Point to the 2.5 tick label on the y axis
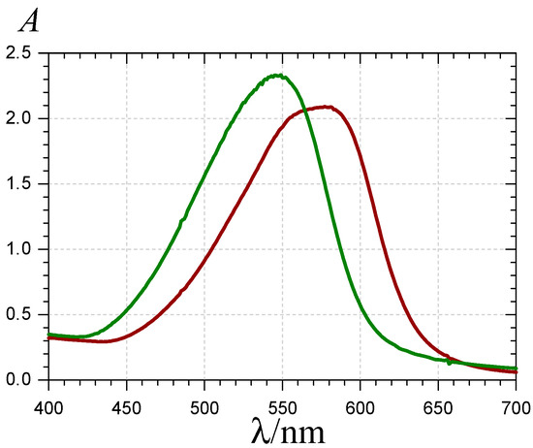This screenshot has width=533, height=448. (x=22, y=50)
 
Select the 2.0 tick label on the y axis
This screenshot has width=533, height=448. (x=22, y=118)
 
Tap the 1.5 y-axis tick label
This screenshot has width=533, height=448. (x=22, y=183)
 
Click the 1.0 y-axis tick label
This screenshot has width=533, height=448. (x=22, y=249)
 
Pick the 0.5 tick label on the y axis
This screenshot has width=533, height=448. (x=22, y=314)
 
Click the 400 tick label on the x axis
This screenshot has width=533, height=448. (x=48, y=400)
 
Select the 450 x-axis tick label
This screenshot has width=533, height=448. (x=126, y=400)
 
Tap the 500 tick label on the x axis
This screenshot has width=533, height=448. (x=204, y=400)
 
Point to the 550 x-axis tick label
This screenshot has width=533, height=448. (x=282, y=400)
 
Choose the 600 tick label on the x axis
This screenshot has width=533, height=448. (x=360, y=400)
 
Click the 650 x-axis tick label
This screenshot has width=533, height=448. (x=437, y=400)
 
